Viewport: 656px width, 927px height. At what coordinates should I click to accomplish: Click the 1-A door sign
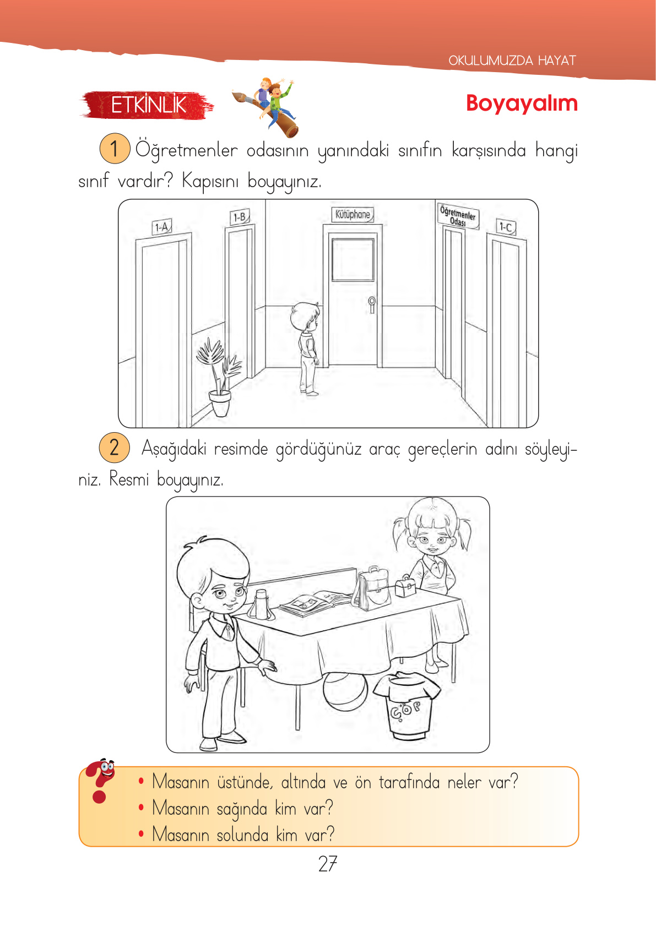(x=162, y=227)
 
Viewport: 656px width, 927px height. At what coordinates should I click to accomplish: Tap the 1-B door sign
(x=240, y=217)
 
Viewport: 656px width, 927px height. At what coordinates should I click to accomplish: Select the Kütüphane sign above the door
(x=353, y=215)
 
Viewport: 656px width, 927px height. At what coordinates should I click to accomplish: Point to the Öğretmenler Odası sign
(x=458, y=216)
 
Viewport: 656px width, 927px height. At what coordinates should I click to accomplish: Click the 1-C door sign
(x=506, y=227)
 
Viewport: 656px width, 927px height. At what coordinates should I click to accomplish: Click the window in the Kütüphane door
(x=353, y=260)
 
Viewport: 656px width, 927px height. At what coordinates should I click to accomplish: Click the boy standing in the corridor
(x=307, y=347)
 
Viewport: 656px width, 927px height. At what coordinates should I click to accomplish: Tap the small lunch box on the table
(x=405, y=587)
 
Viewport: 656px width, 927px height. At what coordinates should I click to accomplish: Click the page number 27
(x=328, y=864)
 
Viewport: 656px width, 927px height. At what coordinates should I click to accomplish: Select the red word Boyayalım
(x=521, y=103)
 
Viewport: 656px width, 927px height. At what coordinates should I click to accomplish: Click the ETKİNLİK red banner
(x=148, y=105)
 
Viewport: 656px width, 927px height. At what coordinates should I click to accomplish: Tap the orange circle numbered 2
(x=115, y=447)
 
